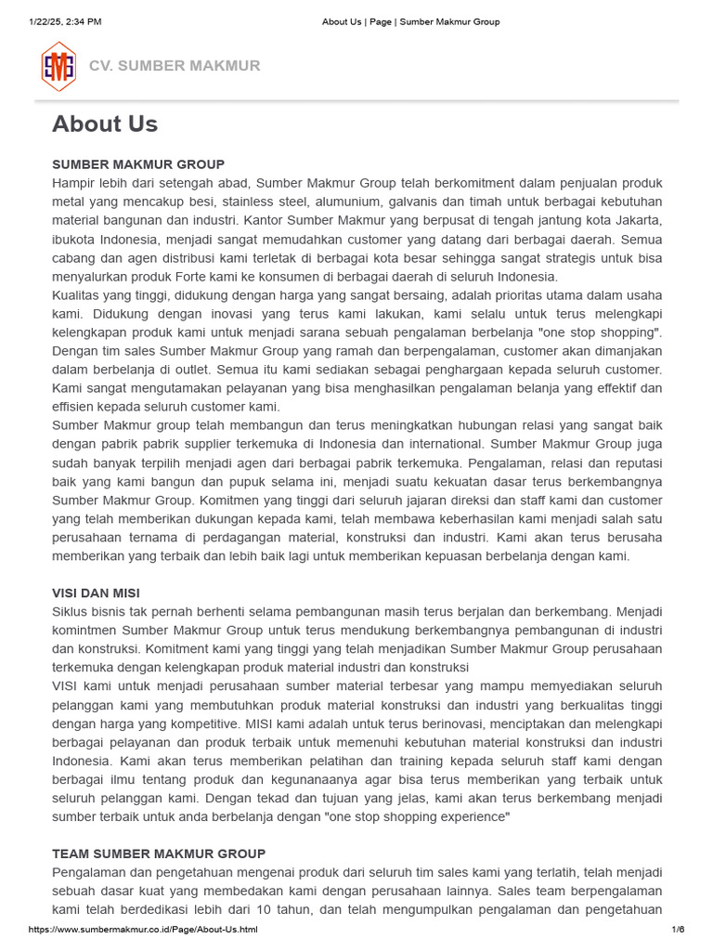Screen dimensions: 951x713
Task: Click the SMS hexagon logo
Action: pyautogui.click(x=58, y=66)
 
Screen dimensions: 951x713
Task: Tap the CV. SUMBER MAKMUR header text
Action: pyautogui.click(x=175, y=66)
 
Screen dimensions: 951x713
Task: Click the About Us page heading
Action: pyautogui.click(x=105, y=124)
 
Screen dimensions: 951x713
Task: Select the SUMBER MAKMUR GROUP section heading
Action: pyautogui.click(x=138, y=164)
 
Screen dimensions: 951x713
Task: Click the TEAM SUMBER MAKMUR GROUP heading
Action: pyautogui.click(x=159, y=853)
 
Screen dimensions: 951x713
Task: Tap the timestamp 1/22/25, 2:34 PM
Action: pyautogui.click(x=65, y=21)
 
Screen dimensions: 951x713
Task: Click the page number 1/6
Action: pyautogui.click(x=678, y=930)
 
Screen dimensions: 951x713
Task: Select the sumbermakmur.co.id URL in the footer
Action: pyautogui.click(x=143, y=930)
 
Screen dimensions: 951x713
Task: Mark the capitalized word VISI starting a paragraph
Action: pyautogui.click(x=70, y=686)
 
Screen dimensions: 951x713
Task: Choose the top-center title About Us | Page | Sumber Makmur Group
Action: pyautogui.click(x=410, y=21)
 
